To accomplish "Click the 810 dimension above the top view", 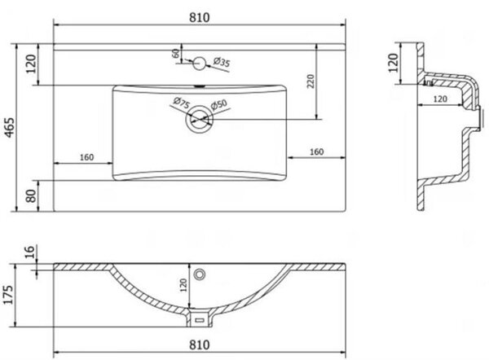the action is [200, 17].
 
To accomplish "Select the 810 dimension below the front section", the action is [200, 345].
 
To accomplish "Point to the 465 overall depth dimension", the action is [10, 127].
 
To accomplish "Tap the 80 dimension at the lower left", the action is [31, 196].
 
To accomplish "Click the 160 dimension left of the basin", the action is [86, 157].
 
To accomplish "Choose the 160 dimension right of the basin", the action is [316, 151].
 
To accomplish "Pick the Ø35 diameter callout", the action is [222, 62].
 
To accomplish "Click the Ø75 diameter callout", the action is [181, 103].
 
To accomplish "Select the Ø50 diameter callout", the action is [219, 104].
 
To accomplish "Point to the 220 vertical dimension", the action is [311, 81].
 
